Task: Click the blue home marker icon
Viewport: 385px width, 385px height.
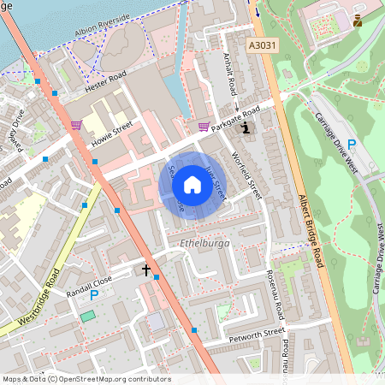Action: point(187,185)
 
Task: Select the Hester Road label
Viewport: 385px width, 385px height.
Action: point(105,86)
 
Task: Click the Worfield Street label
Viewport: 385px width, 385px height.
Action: point(247,172)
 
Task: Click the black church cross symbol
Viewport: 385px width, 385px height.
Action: point(146,270)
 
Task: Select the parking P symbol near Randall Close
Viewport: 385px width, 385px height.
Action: point(94,295)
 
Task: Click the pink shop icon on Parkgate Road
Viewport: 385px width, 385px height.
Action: point(204,127)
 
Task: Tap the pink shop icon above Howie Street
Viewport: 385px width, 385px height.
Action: point(76,124)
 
